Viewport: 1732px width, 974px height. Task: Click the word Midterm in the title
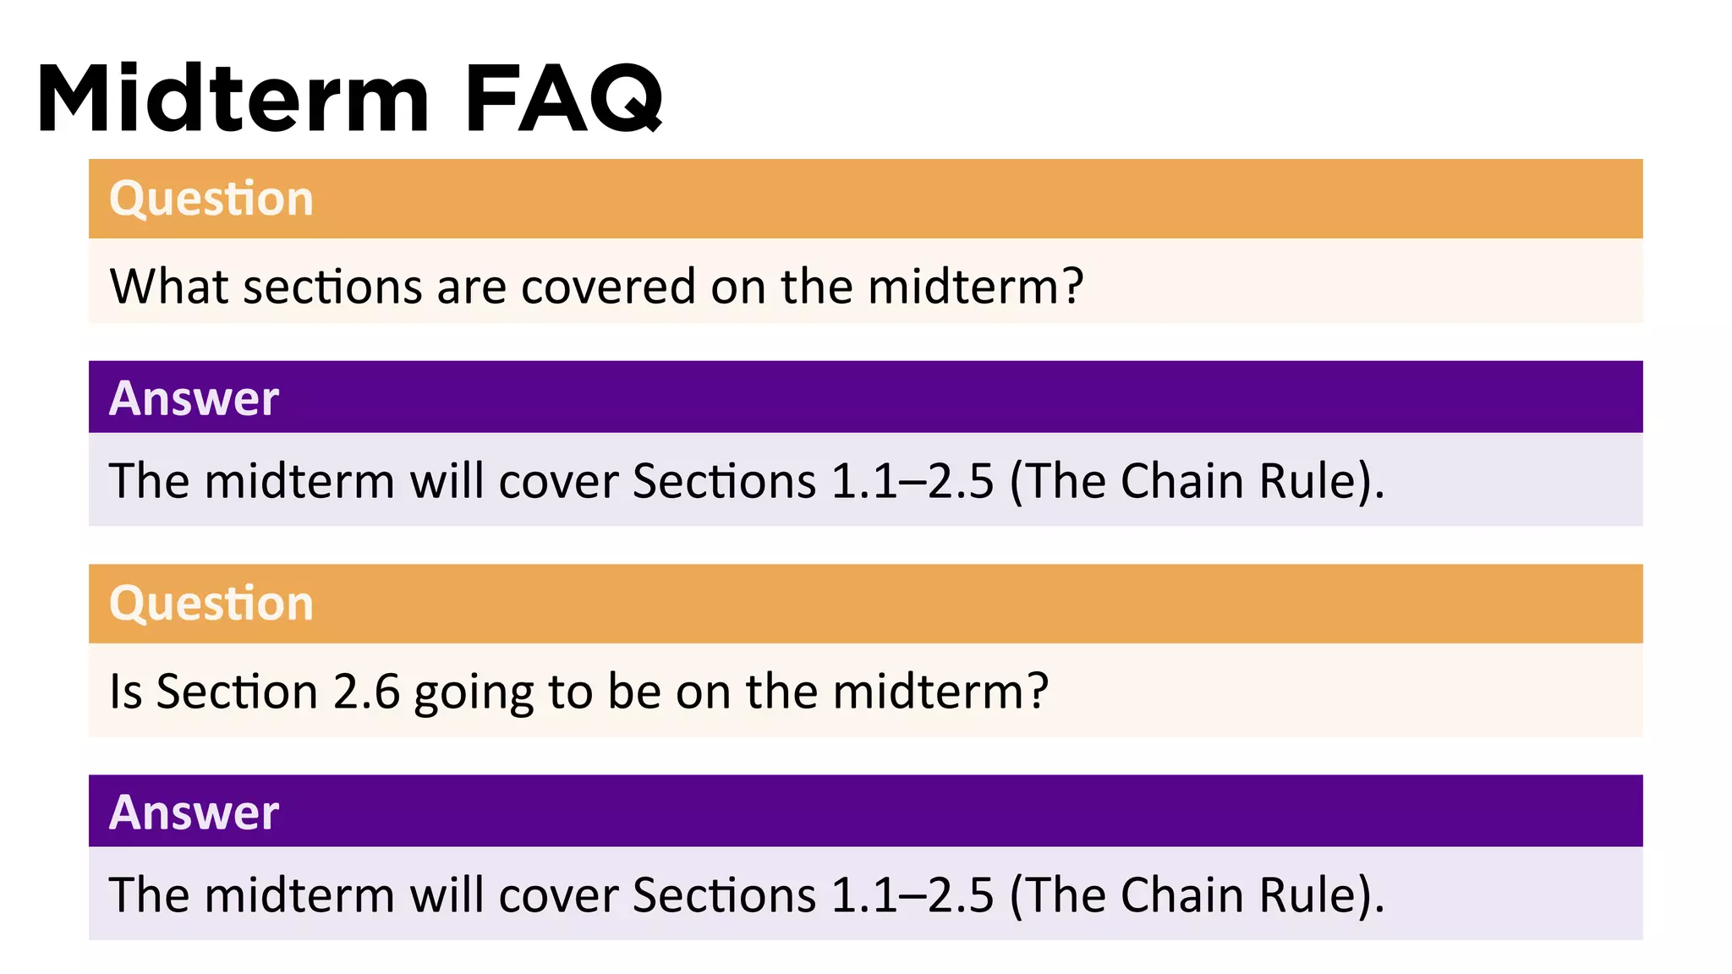[233, 99]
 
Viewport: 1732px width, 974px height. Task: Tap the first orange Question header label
[211, 199]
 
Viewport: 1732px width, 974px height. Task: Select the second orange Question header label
[211, 604]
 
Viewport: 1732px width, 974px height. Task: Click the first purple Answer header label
[194, 398]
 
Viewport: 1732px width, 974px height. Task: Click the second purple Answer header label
[194, 813]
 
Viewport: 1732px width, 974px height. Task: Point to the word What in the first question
[169, 287]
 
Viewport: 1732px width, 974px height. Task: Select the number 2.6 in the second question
[365, 692]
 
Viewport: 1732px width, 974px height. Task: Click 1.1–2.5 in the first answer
[913, 481]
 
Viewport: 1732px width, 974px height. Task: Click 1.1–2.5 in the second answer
[913, 895]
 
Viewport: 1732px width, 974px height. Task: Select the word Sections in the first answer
[724, 481]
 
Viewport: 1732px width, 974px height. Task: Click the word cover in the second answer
[558, 895]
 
